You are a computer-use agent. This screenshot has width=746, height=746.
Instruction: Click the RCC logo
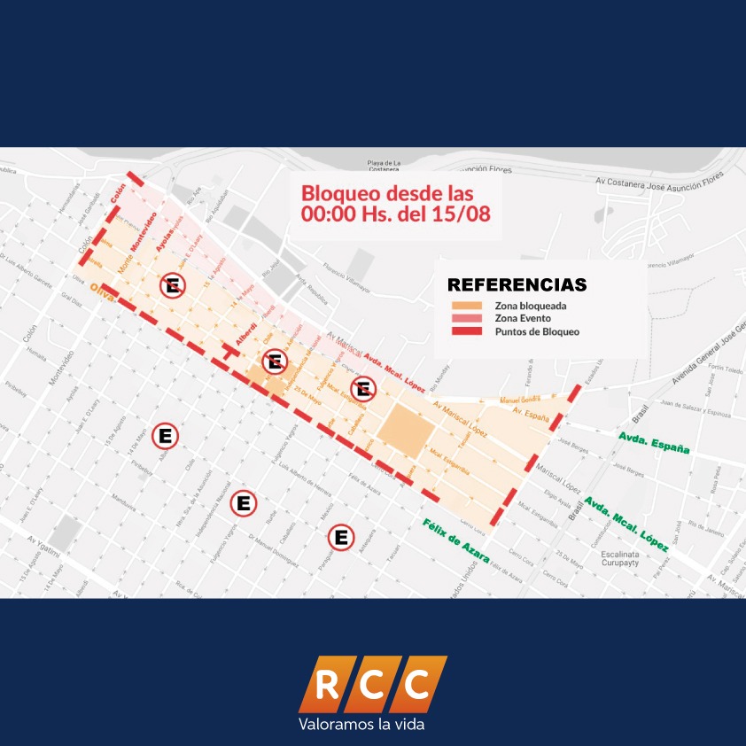(x=373, y=683)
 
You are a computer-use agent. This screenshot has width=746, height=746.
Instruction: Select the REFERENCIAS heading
(x=517, y=285)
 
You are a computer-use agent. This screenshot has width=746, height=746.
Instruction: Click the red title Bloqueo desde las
(x=387, y=192)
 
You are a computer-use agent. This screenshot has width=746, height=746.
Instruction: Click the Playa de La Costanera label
(x=385, y=166)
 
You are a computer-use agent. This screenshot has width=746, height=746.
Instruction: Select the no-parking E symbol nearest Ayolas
(x=173, y=286)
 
